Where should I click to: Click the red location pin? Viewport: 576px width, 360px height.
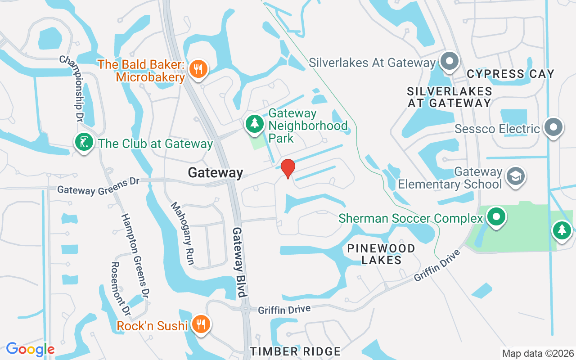pos(288,168)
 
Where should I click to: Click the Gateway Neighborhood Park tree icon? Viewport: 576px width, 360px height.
pos(255,123)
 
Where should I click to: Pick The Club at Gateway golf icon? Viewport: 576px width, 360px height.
pos(84,142)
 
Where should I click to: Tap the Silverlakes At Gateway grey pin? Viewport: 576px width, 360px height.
pos(449,61)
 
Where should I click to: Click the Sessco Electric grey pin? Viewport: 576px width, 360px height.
pos(553,127)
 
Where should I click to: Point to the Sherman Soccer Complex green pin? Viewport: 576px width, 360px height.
pos(496,216)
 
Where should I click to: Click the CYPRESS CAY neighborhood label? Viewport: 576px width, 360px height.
pos(510,74)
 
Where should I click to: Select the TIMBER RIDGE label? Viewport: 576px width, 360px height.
pos(295,351)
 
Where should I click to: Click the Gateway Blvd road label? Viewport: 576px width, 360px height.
pos(240,262)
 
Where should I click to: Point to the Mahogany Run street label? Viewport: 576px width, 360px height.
pos(182,233)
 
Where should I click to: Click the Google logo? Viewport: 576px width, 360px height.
pos(30,349)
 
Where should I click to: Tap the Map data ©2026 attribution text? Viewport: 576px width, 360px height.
pos(538,353)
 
